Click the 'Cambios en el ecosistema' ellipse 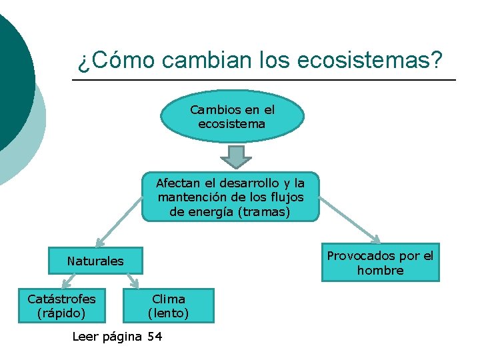(232, 117)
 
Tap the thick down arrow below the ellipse (235, 157)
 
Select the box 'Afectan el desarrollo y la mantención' (231, 197)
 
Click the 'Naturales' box (95, 261)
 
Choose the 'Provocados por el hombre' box (380, 263)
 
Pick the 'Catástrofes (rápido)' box (61, 305)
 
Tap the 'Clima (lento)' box (168, 305)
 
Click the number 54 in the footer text (154, 337)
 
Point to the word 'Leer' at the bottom (86, 337)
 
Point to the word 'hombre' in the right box (380, 270)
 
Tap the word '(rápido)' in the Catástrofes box (61, 313)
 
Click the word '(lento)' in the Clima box (168, 313)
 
